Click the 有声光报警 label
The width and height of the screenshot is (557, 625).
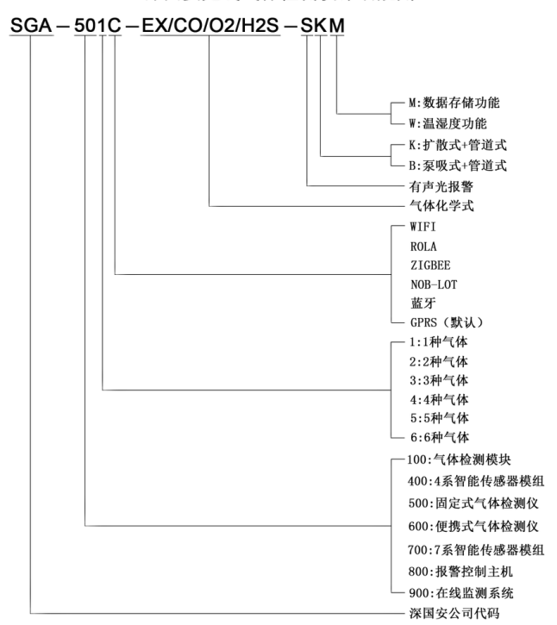pyautogui.click(x=432, y=185)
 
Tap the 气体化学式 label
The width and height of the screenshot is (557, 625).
pyautogui.click(x=432, y=206)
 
